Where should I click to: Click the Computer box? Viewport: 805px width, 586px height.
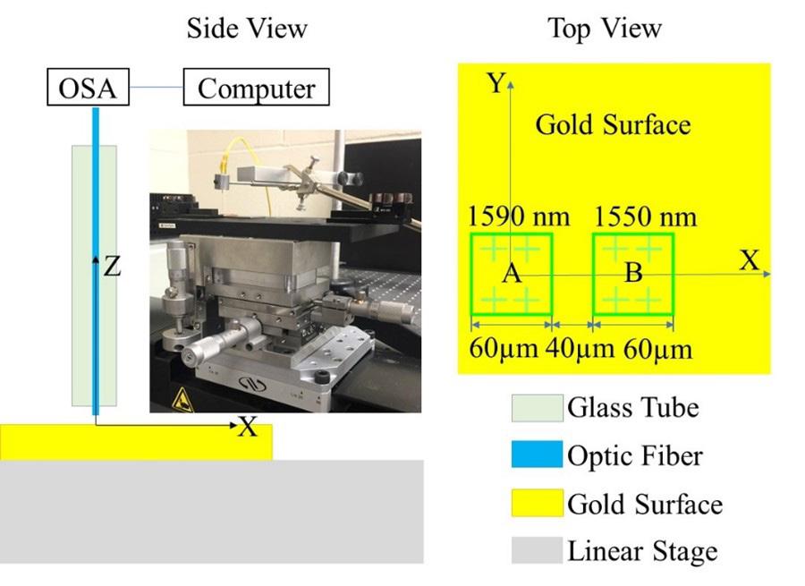(257, 89)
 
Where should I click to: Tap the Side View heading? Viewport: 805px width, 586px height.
(246, 29)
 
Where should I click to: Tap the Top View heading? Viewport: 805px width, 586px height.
(605, 29)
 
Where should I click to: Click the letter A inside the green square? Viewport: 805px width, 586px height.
(511, 274)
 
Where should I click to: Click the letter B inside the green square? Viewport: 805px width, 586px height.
(632, 273)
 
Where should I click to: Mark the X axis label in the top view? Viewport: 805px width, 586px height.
(749, 260)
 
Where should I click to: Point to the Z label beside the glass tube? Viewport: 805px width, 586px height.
(112, 266)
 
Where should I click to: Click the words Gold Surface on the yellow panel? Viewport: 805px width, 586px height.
(613, 124)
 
